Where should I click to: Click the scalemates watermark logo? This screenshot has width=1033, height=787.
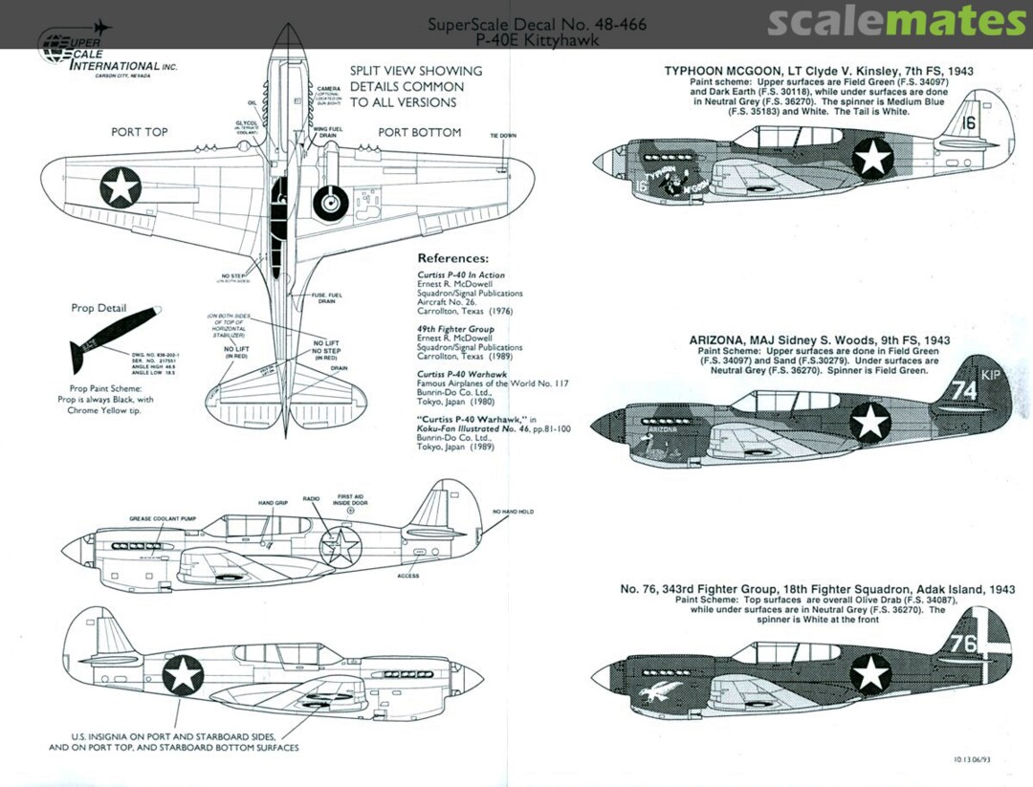(x=896, y=21)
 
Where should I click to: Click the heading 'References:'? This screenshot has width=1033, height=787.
(x=453, y=258)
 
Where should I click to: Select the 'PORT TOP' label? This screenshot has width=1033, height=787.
(x=139, y=132)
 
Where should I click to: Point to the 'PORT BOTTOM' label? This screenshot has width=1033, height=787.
(x=419, y=132)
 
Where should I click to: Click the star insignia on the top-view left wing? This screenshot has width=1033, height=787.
(x=121, y=186)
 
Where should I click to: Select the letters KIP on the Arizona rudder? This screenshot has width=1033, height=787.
(x=990, y=375)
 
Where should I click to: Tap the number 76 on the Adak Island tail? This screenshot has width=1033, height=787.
(x=963, y=643)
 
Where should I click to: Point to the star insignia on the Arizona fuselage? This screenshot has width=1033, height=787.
(x=870, y=421)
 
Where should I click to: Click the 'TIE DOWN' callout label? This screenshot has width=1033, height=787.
(x=502, y=136)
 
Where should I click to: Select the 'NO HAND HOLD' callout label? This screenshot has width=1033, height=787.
(x=514, y=512)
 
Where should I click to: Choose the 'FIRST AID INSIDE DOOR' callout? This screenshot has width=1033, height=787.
(x=350, y=500)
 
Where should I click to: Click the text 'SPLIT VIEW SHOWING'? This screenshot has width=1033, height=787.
(x=415, y=71)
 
